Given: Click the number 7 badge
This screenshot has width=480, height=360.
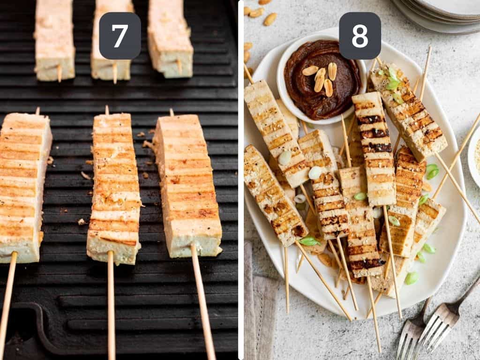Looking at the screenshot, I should point(120,36).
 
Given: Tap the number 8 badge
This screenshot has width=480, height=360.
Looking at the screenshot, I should point(360,36).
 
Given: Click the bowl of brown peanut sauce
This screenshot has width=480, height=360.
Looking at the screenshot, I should point(322,80).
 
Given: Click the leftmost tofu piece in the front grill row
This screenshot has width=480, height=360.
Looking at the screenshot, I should point(23,187).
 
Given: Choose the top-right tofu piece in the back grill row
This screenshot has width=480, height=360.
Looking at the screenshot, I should point(170,37).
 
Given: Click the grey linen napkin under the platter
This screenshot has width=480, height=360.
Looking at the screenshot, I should point(261,305).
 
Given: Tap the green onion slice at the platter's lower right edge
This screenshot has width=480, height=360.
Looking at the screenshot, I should point(412,278).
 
